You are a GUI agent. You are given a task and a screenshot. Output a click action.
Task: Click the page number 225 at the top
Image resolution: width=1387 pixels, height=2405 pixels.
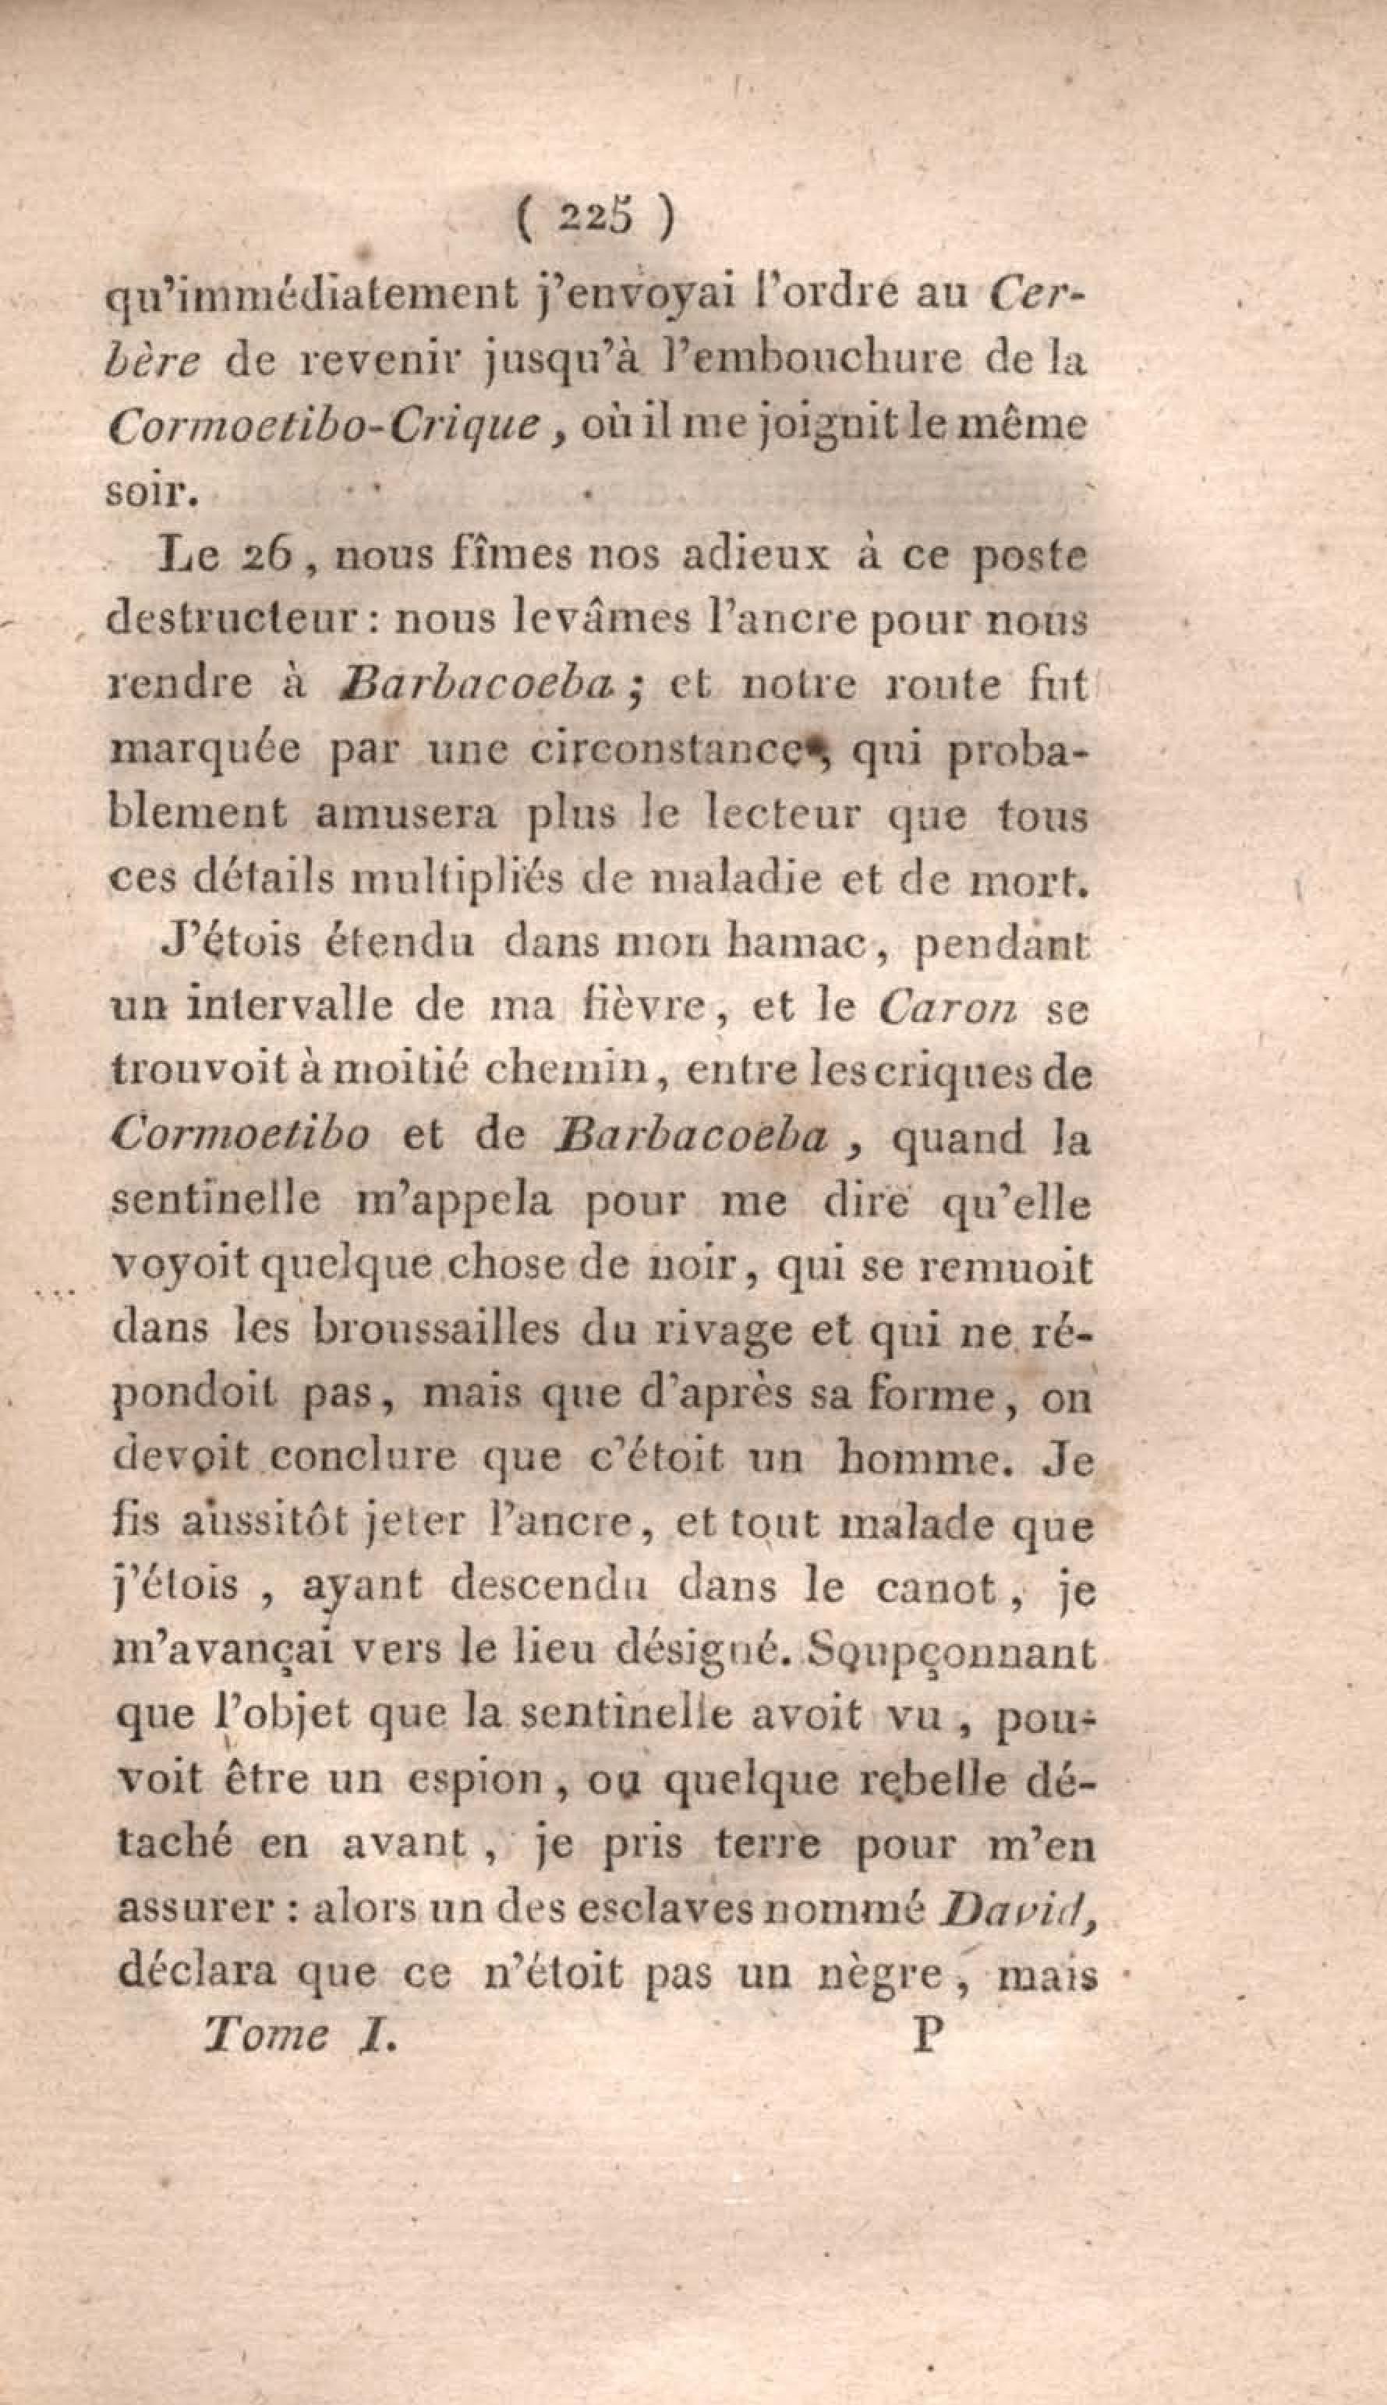[x=596, y=221]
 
